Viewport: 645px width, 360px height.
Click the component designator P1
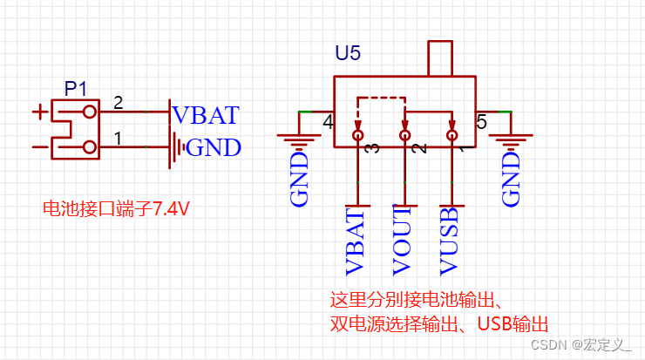pos(77,88)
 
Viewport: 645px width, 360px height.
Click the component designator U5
pos(348,53)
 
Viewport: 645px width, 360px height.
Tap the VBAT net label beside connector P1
pos(205,115)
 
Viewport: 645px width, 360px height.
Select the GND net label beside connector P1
pos(214,147)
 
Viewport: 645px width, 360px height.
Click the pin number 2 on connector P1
pos(119,103)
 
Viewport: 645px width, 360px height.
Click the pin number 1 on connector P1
pos(119,138)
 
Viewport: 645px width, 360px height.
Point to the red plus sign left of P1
pos(39,112)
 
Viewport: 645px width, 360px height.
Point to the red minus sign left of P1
pos(39,147)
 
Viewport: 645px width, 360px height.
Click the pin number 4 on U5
pos(328,122)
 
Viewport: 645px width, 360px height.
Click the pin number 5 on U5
pos(481,122)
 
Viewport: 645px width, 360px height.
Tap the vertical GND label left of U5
pos(299,180)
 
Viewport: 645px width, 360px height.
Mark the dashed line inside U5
pos(380,98)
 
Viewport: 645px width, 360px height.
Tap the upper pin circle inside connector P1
pos(89,112)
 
